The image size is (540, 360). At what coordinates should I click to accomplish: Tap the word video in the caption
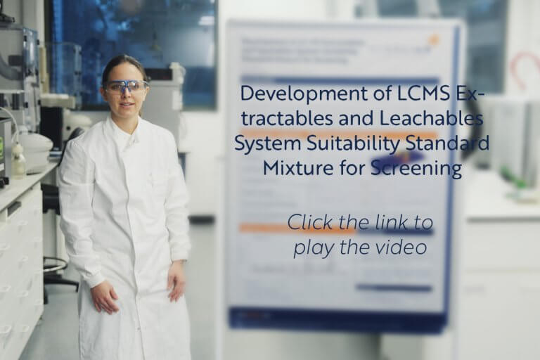pyautogui.click(x=406, y=247)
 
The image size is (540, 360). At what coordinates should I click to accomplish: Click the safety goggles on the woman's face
pyautogui.click(x=126, y=86)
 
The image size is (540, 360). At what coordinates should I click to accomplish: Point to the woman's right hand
pyautogui.click(x=104, y=297)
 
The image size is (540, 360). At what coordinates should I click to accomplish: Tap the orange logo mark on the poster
pyautogui.click(x=432, y=40)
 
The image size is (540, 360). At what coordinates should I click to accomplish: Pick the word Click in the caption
pyautogui.click(x=310, y=223)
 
